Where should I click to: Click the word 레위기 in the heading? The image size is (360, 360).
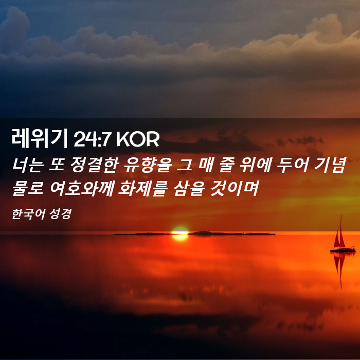coord(40,138)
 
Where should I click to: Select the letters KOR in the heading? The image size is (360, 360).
coord(138,139)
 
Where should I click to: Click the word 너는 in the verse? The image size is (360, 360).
coord(28,165)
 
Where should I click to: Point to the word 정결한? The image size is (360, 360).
coord(95,165)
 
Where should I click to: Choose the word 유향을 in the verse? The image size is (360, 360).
coord(148,165)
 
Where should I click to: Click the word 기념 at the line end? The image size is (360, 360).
coord(330,165)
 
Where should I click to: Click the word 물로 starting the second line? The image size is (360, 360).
coord(28,188)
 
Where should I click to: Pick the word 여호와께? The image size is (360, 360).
coord(82,188)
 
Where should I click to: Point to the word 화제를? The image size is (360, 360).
coord(142,188)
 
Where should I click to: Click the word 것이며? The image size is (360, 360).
coord(235,188)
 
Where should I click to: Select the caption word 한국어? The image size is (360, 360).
coord(28,214)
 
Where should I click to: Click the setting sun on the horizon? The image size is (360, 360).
coord(180,233)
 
